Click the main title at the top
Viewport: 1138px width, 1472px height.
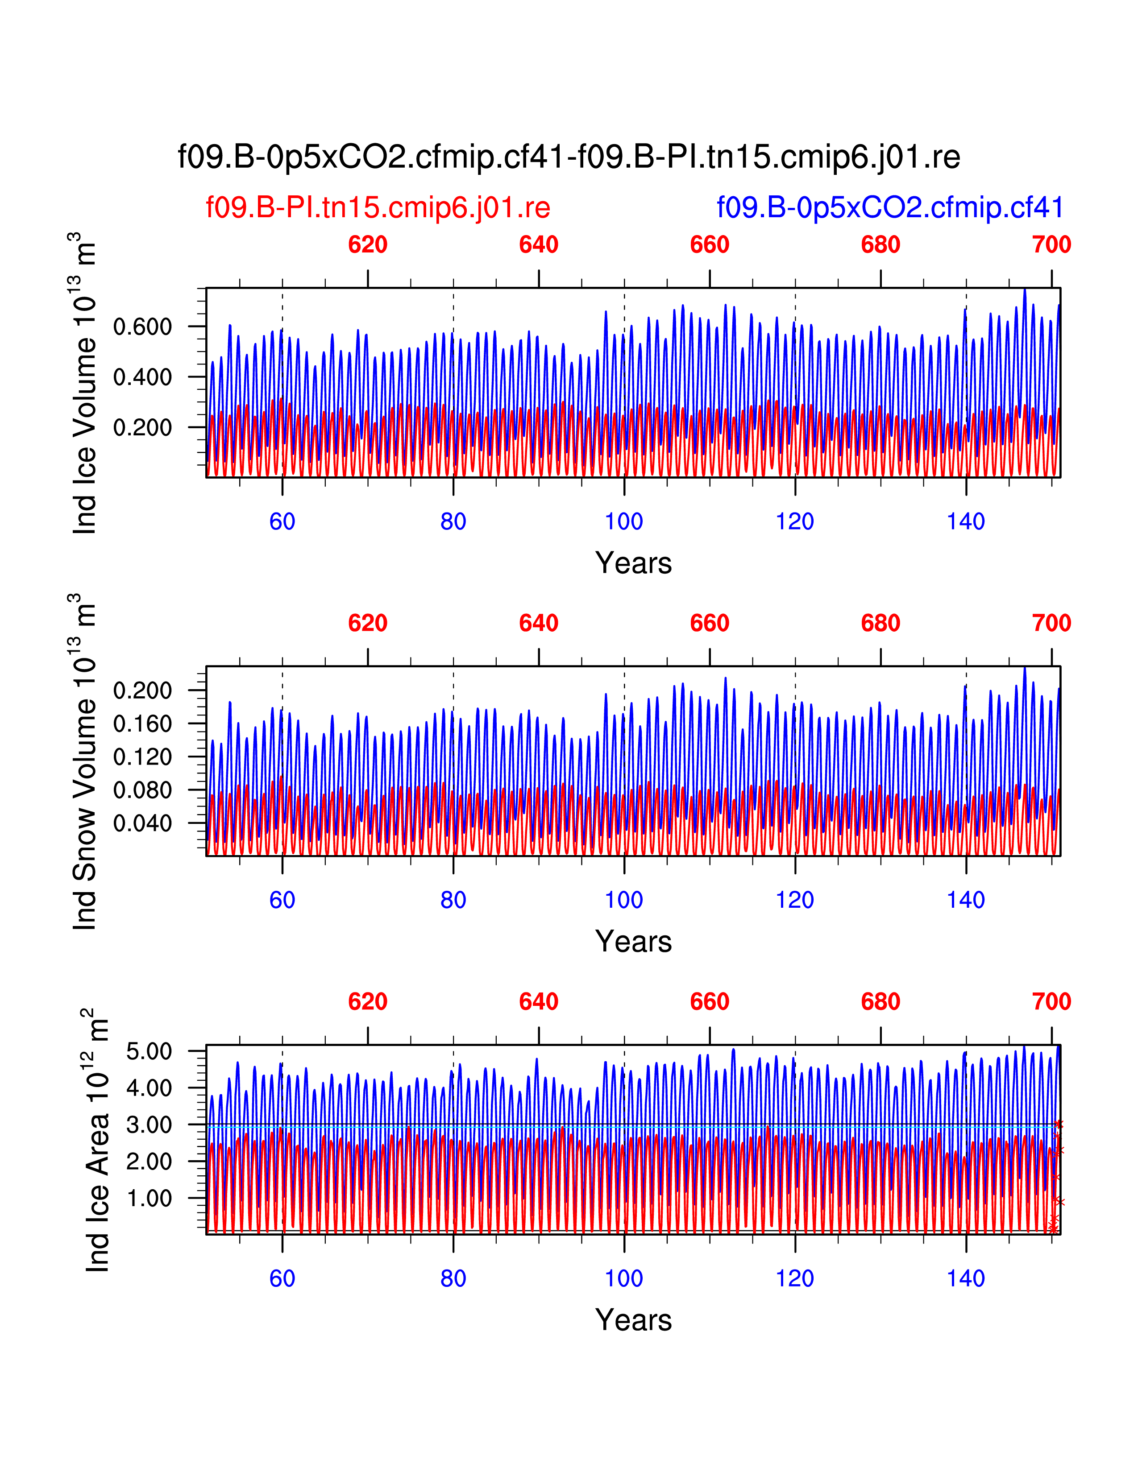(x=568, y=157)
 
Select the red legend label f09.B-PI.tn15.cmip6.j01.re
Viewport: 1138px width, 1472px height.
(x=378, y=207)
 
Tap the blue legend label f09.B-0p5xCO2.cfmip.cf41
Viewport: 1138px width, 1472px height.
(x=889, y=207)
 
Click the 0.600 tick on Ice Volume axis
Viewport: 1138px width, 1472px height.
(x=142, y=327)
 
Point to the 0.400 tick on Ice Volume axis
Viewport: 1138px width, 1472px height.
(x=142, y=377)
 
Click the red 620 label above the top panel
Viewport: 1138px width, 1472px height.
(x=367, y=244)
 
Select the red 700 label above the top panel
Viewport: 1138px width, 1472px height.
(x=1051, y=244)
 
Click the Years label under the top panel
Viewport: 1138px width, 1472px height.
(x=633, y=563)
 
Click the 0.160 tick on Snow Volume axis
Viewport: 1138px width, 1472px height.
(x=142, y=724)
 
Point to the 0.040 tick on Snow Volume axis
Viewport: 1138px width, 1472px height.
(x=142, y=823)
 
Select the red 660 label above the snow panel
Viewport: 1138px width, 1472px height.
(x=709, y=624)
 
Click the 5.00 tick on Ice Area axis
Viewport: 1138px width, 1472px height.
(x=149, y=1051)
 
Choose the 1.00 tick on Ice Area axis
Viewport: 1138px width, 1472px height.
(x=149, y=1199)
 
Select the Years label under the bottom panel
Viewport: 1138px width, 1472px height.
(x=633, y=1320)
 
